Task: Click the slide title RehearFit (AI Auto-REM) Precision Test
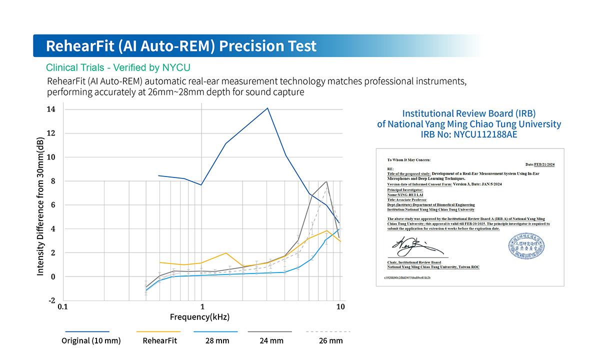point(181,46)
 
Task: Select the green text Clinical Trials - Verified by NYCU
point(118,67)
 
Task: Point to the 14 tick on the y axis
point(51,109)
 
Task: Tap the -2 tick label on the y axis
point(51,300)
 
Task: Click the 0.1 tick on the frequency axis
point(62,306)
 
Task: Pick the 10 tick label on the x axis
point(340,306)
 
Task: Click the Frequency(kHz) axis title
point(199,317)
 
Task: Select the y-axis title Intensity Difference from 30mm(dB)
point(40,206)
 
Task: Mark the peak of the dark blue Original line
point(267,108)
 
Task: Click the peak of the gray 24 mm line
point(326,181)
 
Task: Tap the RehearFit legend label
point(159,341)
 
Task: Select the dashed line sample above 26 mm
point(327,331)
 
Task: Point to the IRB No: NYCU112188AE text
point(469,134)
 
